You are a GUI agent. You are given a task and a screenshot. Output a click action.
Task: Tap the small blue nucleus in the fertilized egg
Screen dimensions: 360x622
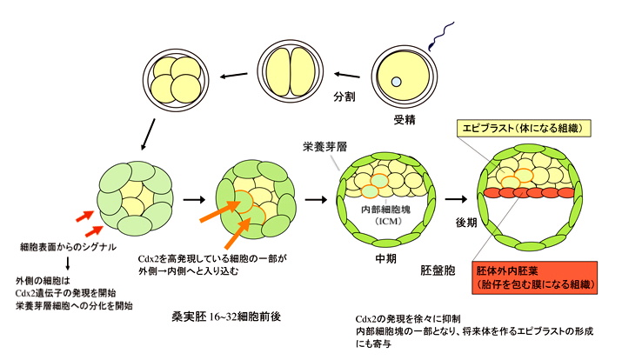pyautogui.click(x=396, y=83)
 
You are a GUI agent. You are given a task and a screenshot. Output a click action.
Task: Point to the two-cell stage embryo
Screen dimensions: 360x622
pyautogui.click(x=289, y=74)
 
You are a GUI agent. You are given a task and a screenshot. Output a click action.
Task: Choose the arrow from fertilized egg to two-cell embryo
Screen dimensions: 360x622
pyautogui.click(x=347, y=75)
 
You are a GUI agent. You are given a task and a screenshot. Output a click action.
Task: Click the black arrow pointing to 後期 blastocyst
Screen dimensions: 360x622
pyautogui.click(x=455, y=199)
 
